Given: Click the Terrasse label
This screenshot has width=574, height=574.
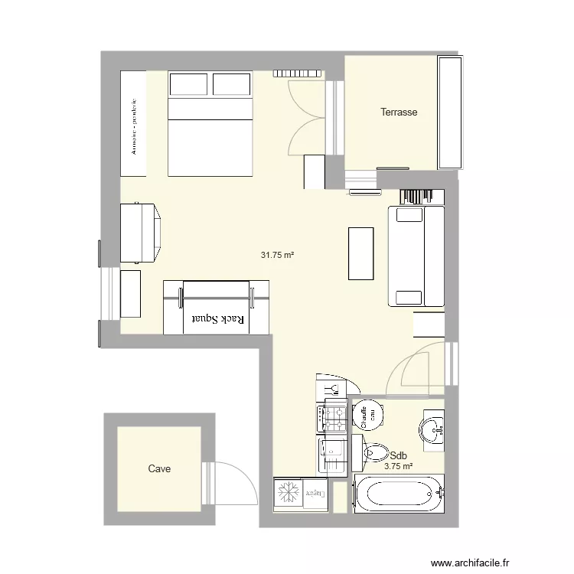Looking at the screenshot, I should pos(399,113).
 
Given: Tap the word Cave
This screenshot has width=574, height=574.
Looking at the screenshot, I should pos(159,468).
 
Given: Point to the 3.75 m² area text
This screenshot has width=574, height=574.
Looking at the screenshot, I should pos(398,466).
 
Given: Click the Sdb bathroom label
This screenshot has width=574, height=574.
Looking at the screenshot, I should pos(397,455).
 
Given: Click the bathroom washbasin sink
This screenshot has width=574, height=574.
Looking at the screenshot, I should pos(432,429).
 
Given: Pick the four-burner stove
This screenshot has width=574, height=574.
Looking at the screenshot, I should pos(334,416).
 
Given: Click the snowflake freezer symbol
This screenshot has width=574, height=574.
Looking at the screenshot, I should pos(289,491).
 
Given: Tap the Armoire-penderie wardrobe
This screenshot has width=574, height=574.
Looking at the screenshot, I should pos(133,124).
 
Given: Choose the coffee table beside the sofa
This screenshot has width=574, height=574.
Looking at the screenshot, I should pos(361,253).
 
